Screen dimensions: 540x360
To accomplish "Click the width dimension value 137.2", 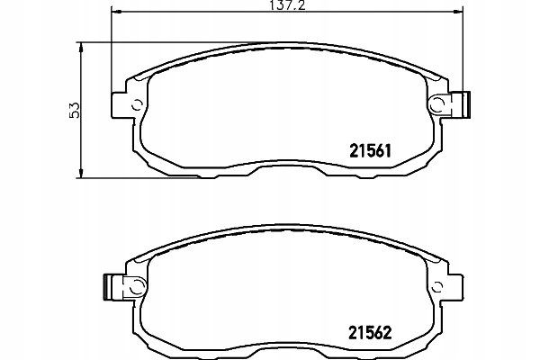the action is coord(287,5).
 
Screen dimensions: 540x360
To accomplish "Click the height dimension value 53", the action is coord(75,110).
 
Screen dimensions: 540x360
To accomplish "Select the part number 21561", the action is coord(370,151).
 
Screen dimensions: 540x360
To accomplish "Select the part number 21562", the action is coord(370,333).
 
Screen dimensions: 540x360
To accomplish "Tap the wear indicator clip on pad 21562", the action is coord(125,286).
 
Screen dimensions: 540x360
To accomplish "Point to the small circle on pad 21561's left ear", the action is coord(138,104).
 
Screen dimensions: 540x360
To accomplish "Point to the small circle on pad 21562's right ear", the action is coord(437,286).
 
